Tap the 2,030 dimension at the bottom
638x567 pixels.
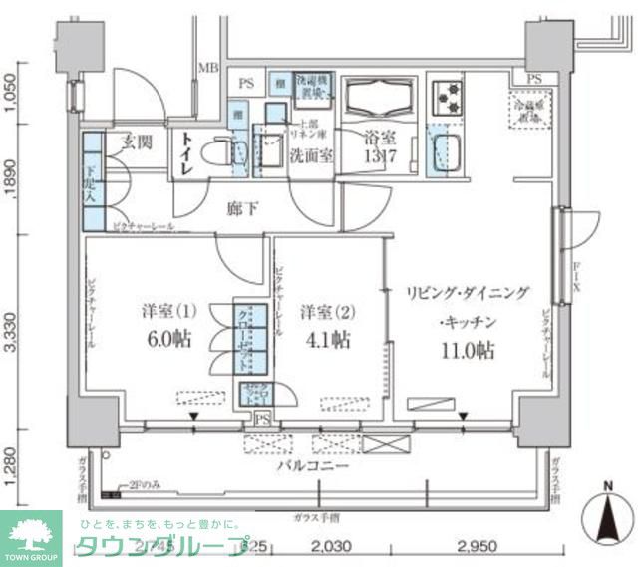[331, 547]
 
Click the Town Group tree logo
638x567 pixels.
[30, 536]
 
